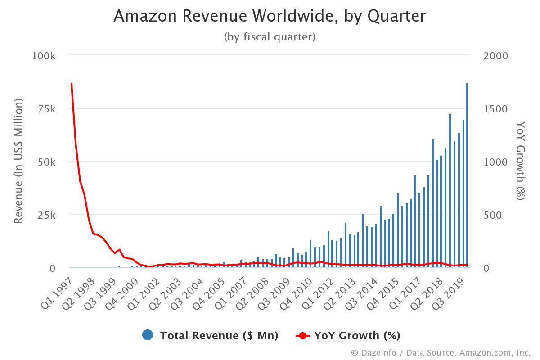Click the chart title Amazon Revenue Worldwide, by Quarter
pos(270,16)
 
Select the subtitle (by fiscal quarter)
pos(270,37)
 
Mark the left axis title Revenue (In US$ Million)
pos(18,162)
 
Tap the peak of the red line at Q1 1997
pos(72,84)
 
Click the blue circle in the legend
pos(148,335)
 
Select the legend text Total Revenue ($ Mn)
pos(219,335)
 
